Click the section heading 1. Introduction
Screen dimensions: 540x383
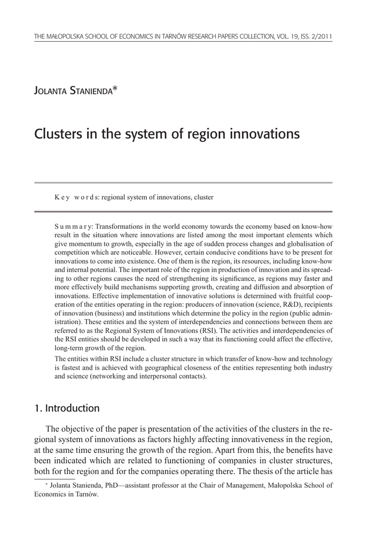[66, 408]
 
